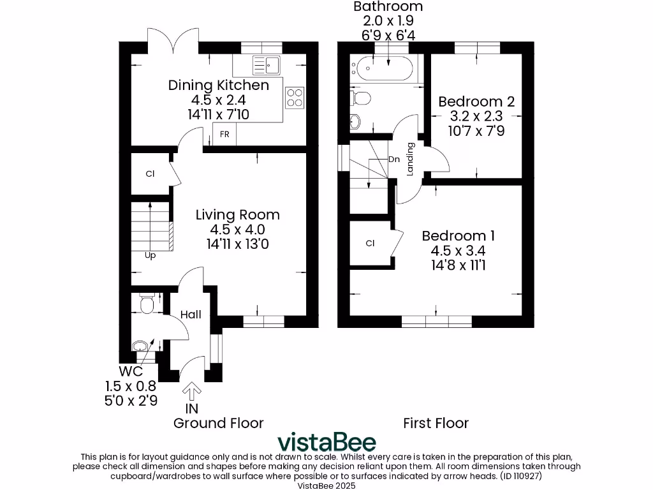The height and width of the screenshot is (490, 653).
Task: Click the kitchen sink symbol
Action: point(267,65)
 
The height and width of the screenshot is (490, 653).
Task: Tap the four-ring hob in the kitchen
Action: point(295,98)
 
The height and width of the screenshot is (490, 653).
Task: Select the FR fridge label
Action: point(224,134)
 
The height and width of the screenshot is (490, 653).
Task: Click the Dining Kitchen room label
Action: point(219,85)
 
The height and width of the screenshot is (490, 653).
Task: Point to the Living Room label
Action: point(238,214)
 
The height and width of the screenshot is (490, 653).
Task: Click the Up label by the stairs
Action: point(150,255)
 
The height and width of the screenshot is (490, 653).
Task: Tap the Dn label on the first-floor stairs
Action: point(394,159)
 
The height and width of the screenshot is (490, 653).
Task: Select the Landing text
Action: point(410,159)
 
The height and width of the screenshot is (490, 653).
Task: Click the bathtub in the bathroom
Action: point(385,68)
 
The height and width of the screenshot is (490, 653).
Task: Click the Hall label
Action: point(191,315)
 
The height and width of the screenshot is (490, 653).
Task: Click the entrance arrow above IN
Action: point(191,392)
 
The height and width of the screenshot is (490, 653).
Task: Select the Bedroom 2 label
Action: point(476,101)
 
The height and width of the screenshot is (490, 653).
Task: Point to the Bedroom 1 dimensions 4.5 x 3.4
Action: point(458,251)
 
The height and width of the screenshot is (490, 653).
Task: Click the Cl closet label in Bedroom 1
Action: point(371,243)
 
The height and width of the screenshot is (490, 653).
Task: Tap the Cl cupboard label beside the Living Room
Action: point(150,174)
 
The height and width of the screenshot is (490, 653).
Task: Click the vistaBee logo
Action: point(327,442)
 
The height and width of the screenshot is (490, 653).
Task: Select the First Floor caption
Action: point(436,424)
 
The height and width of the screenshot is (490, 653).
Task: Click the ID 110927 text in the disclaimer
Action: point(521,476)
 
